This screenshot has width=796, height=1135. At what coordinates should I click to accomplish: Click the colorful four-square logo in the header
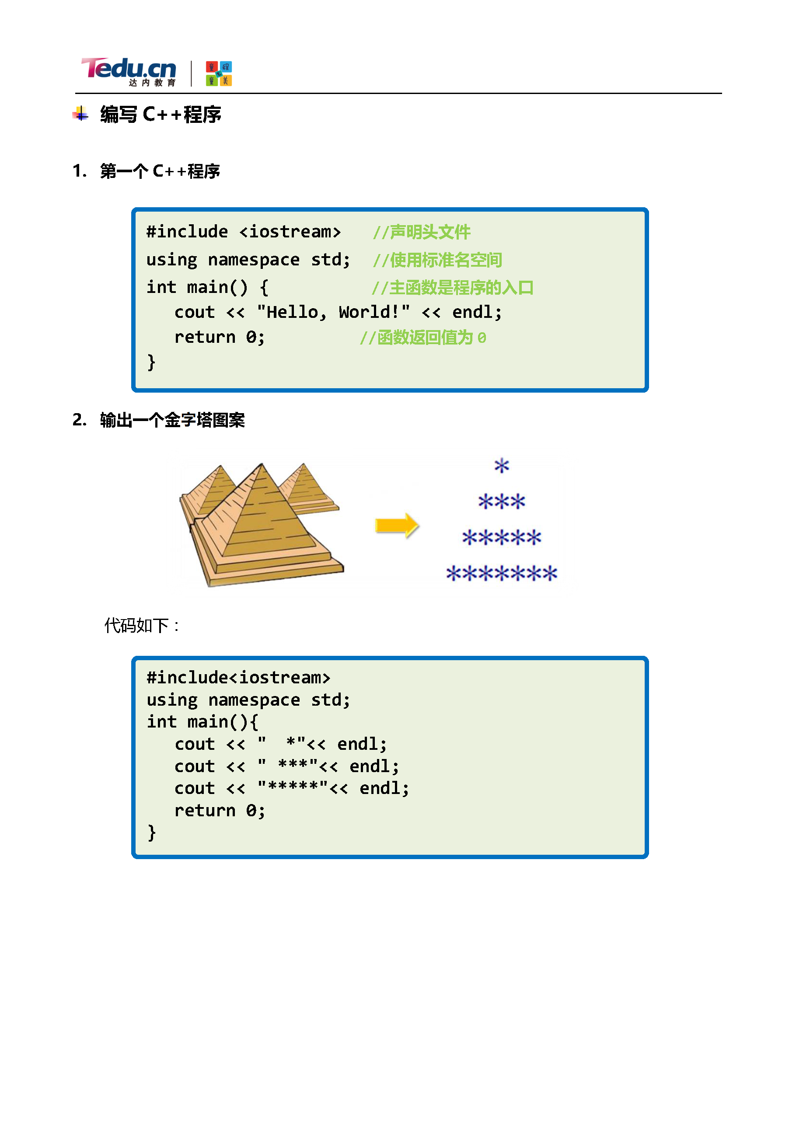(219, 73)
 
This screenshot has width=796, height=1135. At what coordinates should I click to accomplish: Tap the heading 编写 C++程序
(160, 115)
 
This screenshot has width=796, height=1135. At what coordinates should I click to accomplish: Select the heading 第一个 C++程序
(160, 171)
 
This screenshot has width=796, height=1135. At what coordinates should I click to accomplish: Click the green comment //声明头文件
(421, 232)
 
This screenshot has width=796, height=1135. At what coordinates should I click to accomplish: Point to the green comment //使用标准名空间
(437, 260)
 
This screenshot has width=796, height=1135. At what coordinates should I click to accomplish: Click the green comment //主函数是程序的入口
(452, 288)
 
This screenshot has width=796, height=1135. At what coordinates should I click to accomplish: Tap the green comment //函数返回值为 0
(423, 338)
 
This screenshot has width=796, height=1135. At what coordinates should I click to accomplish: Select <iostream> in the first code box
(290, 232)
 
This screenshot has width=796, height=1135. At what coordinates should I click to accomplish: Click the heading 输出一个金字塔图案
(172, 420)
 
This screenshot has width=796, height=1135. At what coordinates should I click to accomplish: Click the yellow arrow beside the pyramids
(397, 525)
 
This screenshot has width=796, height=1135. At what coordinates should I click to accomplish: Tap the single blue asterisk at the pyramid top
(501, 466)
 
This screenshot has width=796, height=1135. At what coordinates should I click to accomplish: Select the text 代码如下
(136, 626)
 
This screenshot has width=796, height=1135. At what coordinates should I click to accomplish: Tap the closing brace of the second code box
(151, 833)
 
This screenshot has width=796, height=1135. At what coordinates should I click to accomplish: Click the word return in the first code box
(205, 337)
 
